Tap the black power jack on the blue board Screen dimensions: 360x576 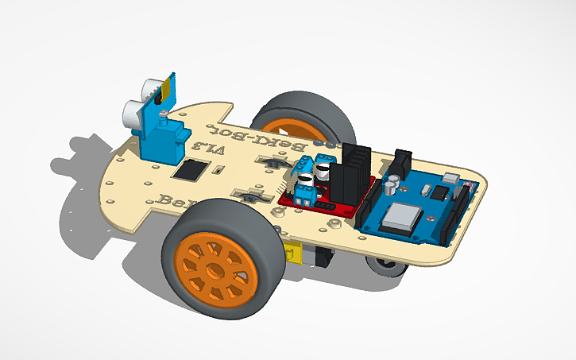pos(401,164)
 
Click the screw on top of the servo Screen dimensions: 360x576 pos(163,117)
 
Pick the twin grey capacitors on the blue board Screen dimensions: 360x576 pos(395,185)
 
